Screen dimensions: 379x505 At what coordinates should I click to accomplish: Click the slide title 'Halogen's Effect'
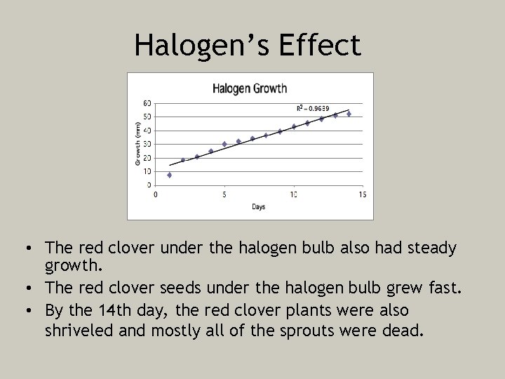pyautogui.click(x=248, y=46)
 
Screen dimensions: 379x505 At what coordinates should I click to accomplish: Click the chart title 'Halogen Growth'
pyautogui.click(x=250, y=88)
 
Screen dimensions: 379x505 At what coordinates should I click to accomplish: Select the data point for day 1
pyautogui.click(x=169, y=175)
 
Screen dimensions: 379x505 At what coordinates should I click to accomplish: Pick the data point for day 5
pyautogui.click(x=224, y=144)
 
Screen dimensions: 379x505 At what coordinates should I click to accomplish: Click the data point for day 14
pyautogui.click(x=349, y=114)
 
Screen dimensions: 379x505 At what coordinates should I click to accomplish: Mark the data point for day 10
pyautogui.click(x=294, y=127)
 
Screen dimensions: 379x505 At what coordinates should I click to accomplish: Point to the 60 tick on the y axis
pyautogui.click(x=147, y=102)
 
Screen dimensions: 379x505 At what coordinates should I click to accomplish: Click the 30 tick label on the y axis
pyautogui.click(x=147, y=144)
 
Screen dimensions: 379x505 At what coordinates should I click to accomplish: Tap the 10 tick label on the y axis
pyautogui.click(x=147, y=171)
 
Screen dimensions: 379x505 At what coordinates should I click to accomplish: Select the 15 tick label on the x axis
pyautogui.click(x=361, y=195)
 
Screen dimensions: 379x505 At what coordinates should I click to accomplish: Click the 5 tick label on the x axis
pyautogui.click(x=224, y=195)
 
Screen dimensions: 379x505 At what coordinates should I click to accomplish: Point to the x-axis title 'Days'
pyautogui.click(x=259, y=207)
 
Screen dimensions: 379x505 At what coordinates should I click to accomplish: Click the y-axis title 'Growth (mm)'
pyautogui.click(x=138, y=143)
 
